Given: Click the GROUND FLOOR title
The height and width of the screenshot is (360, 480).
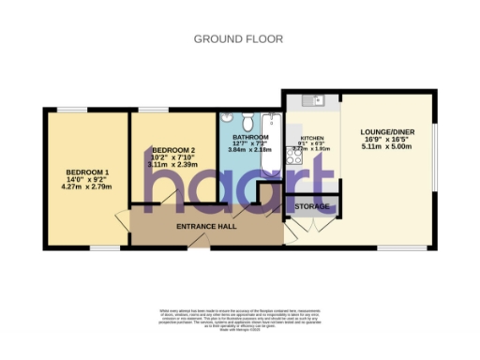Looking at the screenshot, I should coord(239,38).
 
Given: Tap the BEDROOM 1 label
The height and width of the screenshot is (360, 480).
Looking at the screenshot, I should coord(87,173).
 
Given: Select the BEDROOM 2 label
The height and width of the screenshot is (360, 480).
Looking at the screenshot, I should coord(173,150).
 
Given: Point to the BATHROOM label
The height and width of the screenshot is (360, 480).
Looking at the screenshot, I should coord(251,136).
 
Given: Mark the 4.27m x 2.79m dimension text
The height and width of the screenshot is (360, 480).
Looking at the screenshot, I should coord(87,187).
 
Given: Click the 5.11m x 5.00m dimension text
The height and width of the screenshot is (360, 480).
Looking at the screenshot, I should coord(386,155).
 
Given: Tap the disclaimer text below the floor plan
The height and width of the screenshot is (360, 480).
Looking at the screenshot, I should coord(239,320).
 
